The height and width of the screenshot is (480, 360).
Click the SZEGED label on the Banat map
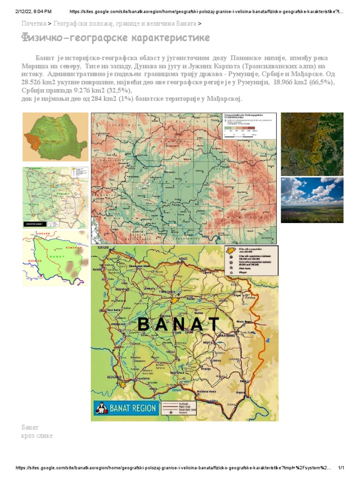coord(103,247)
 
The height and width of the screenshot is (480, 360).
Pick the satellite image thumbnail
coord(312,143)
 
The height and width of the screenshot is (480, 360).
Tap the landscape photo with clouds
coord(312,200)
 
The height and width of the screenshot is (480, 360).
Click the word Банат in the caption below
coord(30,427)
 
